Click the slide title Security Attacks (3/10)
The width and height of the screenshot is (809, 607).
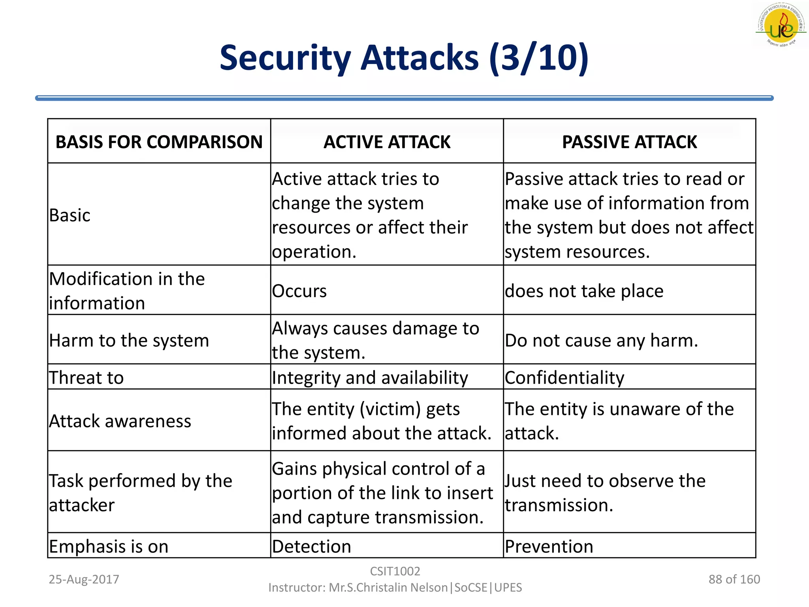[x=404, y=58]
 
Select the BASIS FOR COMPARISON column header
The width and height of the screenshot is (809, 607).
[x=159, y=142]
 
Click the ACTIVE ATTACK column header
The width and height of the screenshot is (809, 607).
[x=387, y=142]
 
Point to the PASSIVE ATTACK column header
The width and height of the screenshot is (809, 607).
[x=629, y=142]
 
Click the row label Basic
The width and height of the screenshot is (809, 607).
[x=70, y=215]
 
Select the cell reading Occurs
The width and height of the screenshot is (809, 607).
[x=299, y=291]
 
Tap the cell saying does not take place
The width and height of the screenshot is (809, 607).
[x=584, y=291]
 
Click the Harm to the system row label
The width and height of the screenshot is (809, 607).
[x=129, y=340]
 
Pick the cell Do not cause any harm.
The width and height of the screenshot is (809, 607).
[x=601, y=340]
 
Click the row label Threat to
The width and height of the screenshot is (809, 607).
[x=87, y=377]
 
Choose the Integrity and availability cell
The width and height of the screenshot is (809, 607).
[x=370, y=377]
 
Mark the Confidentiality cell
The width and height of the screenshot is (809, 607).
[x=564, y=377]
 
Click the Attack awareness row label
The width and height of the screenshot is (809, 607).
[x=120, y=421]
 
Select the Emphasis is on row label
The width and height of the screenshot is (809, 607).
[x=109, y=547]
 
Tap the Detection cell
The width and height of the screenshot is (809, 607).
[x=312, y=547]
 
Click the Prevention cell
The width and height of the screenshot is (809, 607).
[x=549, y=547]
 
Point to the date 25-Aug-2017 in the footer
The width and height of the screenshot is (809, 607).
[x=84, y=579]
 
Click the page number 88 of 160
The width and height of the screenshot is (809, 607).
[x=734, y=579]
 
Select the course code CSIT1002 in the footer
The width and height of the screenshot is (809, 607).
[x=395, y=571]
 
